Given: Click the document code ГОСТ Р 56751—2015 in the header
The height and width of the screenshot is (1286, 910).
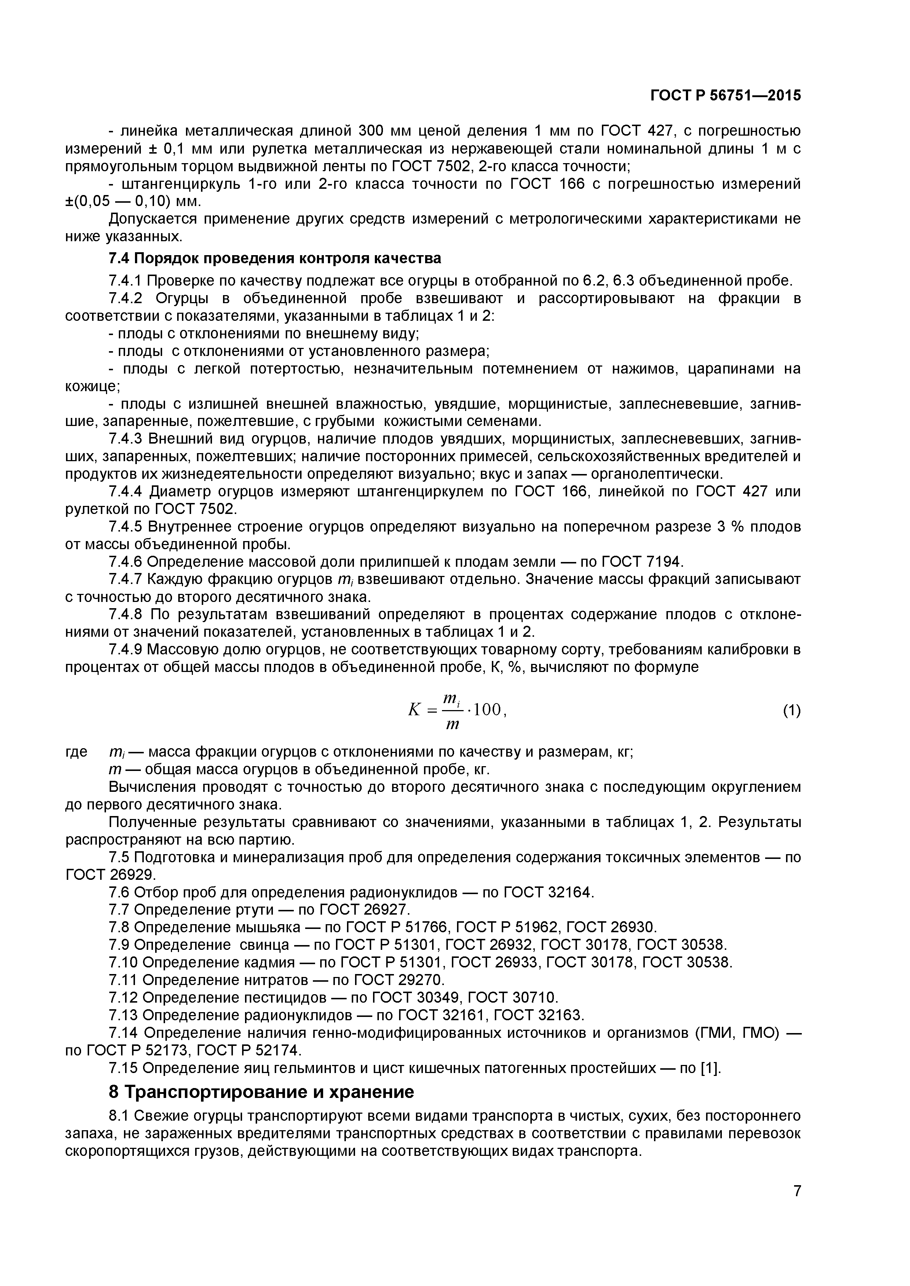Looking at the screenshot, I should pyautogui.click(x=725, y=96).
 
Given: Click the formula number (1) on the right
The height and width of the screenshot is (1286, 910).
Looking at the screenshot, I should pyautogui.click(x=791, y=711).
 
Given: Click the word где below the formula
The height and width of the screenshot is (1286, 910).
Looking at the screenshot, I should pyautogui.click(x=76, y=751).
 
